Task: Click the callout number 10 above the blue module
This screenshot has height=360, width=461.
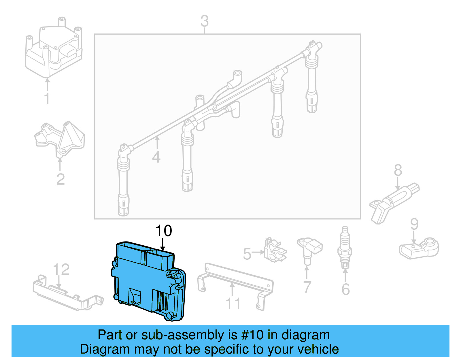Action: (164, 231)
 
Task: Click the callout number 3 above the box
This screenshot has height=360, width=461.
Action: (204, 21)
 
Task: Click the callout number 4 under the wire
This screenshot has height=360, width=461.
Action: (156, 157)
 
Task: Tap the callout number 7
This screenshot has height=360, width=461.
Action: (307, 287)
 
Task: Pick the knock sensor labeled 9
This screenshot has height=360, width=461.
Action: (419, 248)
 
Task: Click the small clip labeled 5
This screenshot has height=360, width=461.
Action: (275, 250)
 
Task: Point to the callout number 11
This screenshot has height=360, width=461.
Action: (233, 304)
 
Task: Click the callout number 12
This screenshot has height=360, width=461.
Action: (61, 269)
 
